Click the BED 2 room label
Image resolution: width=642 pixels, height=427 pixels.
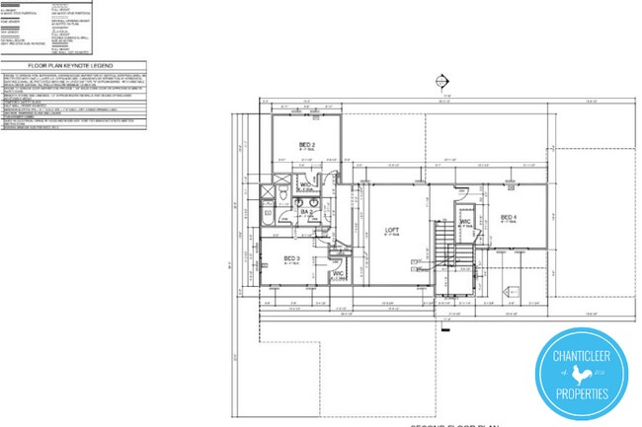pyautogui.click(x=307, y=145)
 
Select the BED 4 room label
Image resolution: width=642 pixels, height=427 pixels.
pyautogui.click(x=509, y=217)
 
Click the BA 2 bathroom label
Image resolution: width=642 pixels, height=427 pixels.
pyautogui.click(x=307, y=211)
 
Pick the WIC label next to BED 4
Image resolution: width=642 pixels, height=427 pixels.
pyautogui.click(x=465, y=222)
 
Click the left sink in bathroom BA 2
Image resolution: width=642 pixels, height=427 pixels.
pyautogui.click(x=299, y=201)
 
